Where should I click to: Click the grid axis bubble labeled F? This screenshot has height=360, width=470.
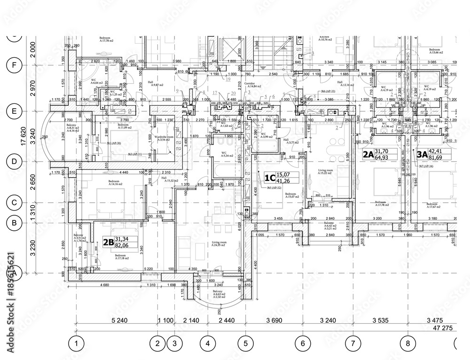pyautogui.click(x=15, y=65)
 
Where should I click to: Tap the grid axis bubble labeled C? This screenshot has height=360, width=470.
pyautogui.click(x=15, y=203)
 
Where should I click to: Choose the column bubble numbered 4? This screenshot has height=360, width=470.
pyautogui.click(x=207, y=344)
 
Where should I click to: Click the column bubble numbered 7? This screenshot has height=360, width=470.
pyautogui.click(x=353, y=344)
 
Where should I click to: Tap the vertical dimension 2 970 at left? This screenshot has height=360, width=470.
pyautogui.click(x=32, y=88)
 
